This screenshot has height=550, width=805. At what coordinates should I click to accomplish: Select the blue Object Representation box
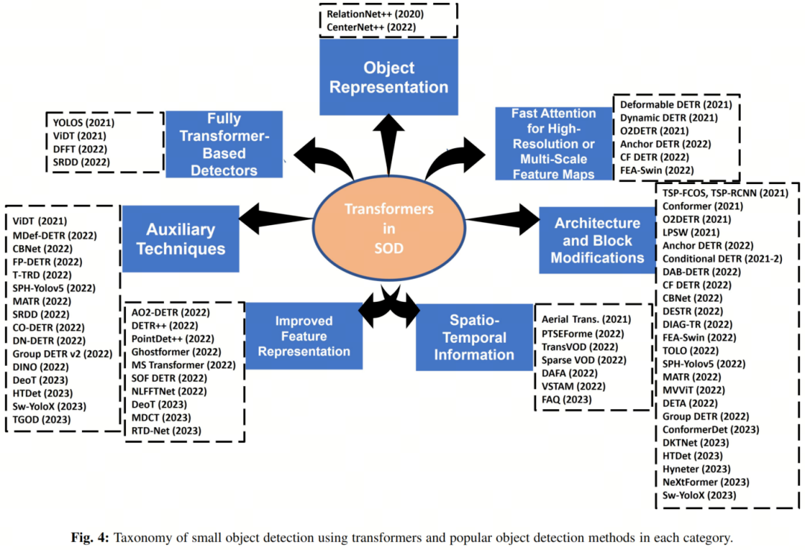(388, 78)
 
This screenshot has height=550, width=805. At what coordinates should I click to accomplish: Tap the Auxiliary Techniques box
(180, 238)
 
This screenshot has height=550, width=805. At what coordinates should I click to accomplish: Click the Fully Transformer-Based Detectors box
(223, 144)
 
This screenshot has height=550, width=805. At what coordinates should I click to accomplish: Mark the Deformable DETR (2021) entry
(676, 104)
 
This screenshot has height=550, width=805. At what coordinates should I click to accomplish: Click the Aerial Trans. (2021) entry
(586, 319)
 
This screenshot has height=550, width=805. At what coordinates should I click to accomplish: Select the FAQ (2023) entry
(567, 399)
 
